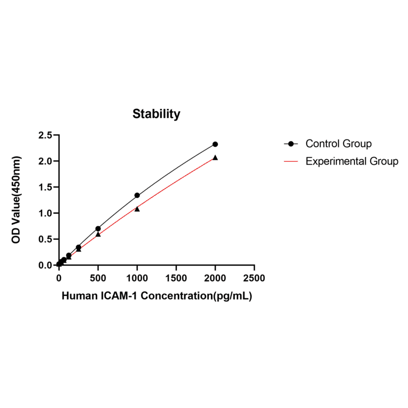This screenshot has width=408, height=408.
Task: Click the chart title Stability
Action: (x=156, y=114)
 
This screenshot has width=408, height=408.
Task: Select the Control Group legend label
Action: (x=339, y=144)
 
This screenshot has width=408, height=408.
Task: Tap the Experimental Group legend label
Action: (x=352, y=161)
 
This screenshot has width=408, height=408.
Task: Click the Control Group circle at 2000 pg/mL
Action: (x=215, y=144)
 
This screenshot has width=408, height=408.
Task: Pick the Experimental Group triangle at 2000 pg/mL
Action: (x=215, y=158)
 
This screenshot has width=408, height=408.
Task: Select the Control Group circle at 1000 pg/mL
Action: (x=137, y=195)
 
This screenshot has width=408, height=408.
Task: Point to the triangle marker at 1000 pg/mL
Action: (x=137, y=209)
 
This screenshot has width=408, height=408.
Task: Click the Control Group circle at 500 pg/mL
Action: (x=98, y=229)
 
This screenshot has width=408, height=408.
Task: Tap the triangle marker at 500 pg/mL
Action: (x=98, y=234)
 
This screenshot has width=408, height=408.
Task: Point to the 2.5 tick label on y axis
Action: (x=45, y=135)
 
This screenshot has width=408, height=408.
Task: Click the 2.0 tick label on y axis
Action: (x=45, y=161)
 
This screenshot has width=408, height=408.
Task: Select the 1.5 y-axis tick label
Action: (x=45, y=187)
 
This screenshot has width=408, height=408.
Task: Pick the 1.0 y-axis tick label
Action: (x=45, y=213)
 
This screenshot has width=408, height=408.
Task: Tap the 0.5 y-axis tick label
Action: (x=45, y=239)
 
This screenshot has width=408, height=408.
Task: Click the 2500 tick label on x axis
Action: (x=254, y=278)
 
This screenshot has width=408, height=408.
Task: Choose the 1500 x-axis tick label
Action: (x=176, y=278)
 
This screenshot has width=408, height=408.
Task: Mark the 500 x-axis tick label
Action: (x=98, y=278)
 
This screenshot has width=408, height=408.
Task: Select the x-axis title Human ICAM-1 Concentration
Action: (x=156, y=295)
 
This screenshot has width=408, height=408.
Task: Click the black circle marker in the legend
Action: (x=291, y=144)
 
